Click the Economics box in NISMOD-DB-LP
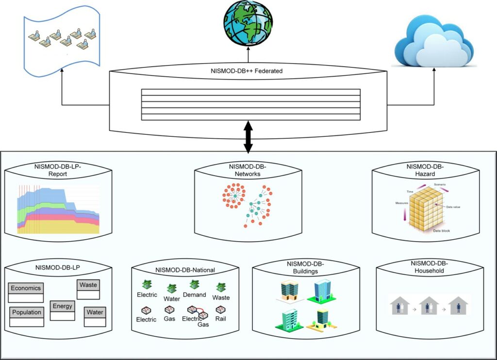coord(26,288)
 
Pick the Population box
coord(26,312)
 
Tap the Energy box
coord(63,306)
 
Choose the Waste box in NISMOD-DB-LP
coord(88,285)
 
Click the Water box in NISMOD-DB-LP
coord(95,312)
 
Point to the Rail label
coord(220,319)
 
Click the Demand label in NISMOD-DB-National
coord(194,295)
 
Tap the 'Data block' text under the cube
coord(441,231)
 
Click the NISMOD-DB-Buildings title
coord(305,267)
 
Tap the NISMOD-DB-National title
coord(185,270)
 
